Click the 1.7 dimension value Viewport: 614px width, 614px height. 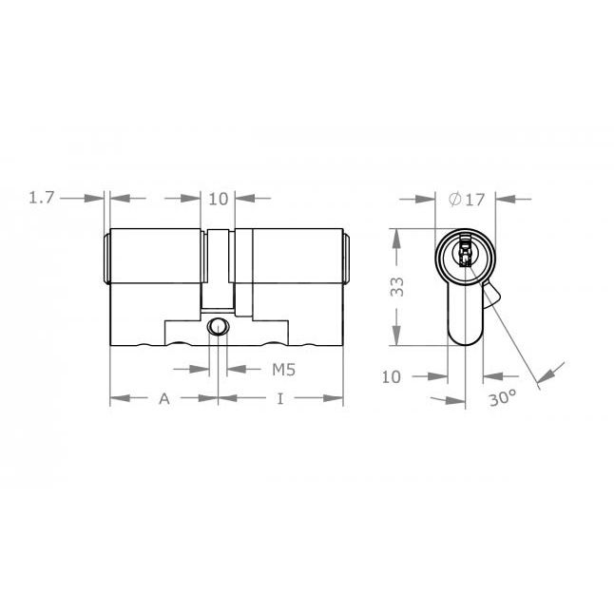point(43,198)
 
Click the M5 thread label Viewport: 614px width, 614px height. point(282,368)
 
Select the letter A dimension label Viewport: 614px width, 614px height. point(163,399)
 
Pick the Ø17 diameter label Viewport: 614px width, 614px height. point(466,199)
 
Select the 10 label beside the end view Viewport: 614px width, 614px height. point(392,376)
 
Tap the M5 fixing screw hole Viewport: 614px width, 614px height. point(219,329)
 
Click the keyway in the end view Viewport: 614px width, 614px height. point(465,254)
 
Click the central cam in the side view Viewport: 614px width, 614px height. point(219,271)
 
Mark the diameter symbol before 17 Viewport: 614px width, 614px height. point(454,199)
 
